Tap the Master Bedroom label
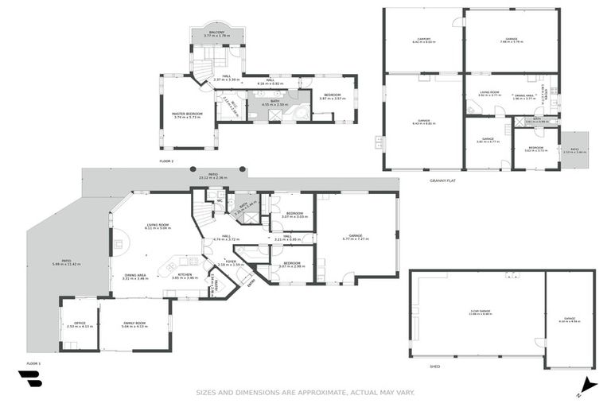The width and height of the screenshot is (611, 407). tap(188, 114)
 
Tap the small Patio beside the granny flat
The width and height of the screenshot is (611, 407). tap(574, 149)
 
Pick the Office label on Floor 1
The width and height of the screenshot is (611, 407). tap(80, 324)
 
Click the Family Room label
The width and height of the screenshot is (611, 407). tap(134, 324)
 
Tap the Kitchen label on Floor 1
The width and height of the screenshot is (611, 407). tap(185, 276)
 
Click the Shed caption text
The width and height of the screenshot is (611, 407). tap(434, 366)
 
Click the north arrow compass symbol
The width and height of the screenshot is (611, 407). tap(586, 384)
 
